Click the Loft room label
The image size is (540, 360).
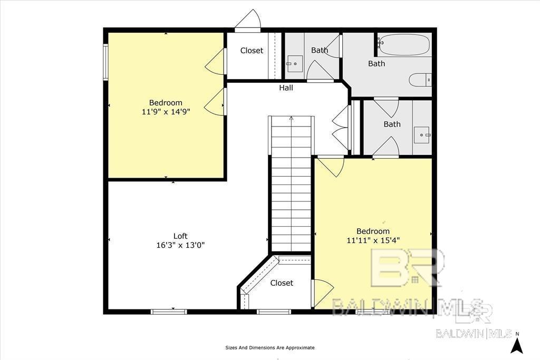[180, 236]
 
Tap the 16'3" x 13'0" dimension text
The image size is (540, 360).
[180, 246]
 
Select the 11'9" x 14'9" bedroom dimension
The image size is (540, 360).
[166, 112]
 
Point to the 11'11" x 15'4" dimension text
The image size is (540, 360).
[373, 240]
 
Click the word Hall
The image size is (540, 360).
[286, 88]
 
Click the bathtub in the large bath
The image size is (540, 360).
[404, 45]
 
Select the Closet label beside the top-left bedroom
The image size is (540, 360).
[252, 51]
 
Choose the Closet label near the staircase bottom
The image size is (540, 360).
[282, 283]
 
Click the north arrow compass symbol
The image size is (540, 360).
[517, 346]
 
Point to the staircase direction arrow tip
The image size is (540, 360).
[291, 117]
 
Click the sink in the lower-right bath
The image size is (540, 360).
[422, 134]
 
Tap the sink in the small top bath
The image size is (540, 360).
[294, 64]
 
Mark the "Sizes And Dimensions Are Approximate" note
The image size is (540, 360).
[269, 347]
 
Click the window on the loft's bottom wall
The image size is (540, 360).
[169, 312]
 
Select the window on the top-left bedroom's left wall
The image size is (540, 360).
[106, 62]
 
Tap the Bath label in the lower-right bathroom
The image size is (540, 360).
[392, 124]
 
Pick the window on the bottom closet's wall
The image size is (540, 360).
[274, 312]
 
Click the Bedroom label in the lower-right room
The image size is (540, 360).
[373, 231]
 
